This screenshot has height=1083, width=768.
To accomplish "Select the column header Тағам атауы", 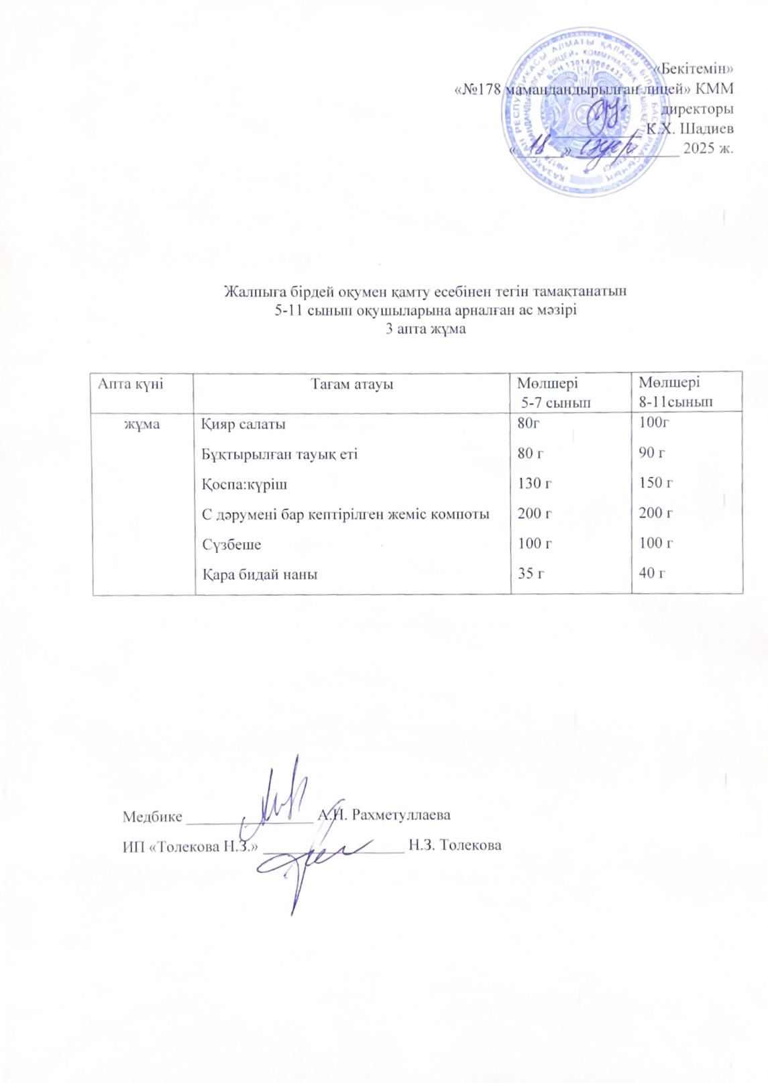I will click(351, 384).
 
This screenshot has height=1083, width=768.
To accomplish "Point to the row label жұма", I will click(143, 424).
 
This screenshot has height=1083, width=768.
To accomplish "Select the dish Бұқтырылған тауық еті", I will click(280, 454).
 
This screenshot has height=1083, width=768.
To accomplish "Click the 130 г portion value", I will click(535, 483).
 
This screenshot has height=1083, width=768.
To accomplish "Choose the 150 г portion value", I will click(656, 483).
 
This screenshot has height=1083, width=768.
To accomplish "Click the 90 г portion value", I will click(652, 454).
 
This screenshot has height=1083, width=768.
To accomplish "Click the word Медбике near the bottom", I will click(152, 817).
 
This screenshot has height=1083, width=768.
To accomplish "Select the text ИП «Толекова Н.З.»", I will click(191, 846).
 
